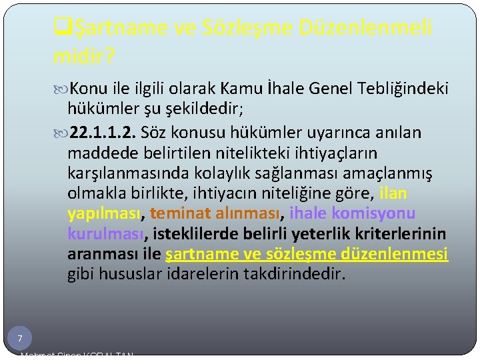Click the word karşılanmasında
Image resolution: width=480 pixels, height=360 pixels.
click(126, 173)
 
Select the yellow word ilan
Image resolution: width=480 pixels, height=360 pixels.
click(393, 193)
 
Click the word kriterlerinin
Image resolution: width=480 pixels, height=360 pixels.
click(404, 234)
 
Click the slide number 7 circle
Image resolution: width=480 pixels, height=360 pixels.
click(20, 338)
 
